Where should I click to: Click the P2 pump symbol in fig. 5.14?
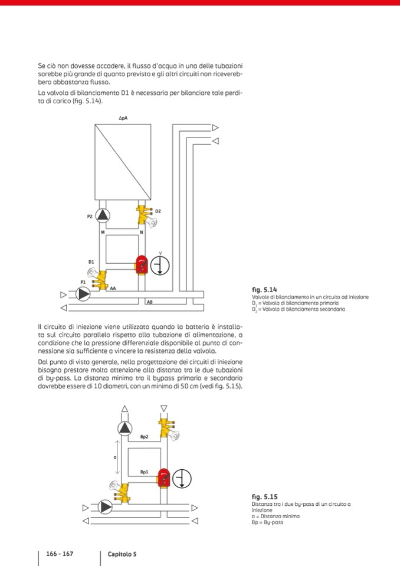[103, 216]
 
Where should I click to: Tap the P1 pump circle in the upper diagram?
[83, 294]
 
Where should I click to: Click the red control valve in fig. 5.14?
[142, 265]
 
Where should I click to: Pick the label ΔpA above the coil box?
[123, 119]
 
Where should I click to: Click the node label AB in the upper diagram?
[149, 302]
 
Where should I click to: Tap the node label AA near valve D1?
[113, 289]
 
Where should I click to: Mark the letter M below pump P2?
[103, 233]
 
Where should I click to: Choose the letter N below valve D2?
[141, 233]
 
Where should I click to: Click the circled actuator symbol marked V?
[160, 266]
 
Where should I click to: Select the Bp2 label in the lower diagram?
[144, 437]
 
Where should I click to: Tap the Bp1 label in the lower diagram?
[144, 472]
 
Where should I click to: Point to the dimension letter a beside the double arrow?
[115, 457]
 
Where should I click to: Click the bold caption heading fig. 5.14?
[264, 290]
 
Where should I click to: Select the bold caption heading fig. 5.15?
[264, 497]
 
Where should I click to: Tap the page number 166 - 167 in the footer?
[60, 554]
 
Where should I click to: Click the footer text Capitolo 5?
[122, 554]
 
